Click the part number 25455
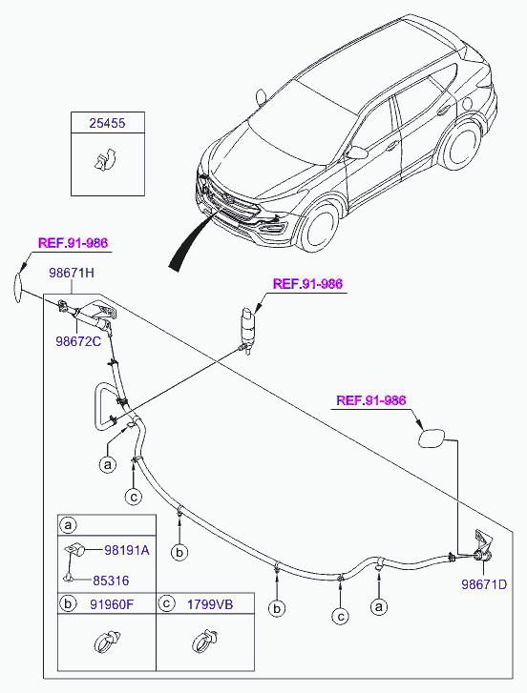point(107,123)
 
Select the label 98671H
point(72,273)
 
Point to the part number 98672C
point(78,341)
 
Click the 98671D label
point(484,584)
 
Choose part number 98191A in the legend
point(127,550)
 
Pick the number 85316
point(111,581)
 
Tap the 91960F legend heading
point(112,604)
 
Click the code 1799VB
point(210,604)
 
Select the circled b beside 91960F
point(68,603)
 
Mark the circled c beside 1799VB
point(166,603)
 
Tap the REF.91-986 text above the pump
point(307,284)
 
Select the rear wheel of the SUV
point(460,145)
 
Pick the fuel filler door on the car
point(467,103)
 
